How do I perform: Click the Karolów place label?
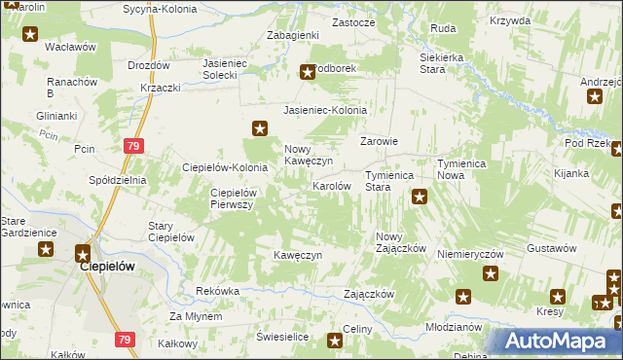point(331,185)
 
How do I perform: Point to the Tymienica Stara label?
point(390,180)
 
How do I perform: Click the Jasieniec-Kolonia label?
point(325,110)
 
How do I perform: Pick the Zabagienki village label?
point(293,35)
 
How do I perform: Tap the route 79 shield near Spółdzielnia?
point(133,146)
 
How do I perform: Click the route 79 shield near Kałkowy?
point(124,340)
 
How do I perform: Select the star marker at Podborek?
point(308,70)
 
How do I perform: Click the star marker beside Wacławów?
point(30,35)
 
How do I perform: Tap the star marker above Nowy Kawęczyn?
point(260,126)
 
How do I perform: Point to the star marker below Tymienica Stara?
point(420,198)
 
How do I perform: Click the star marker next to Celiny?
point(336,340)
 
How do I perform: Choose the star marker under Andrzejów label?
point(596,95)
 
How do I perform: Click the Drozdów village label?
point(149,65)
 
